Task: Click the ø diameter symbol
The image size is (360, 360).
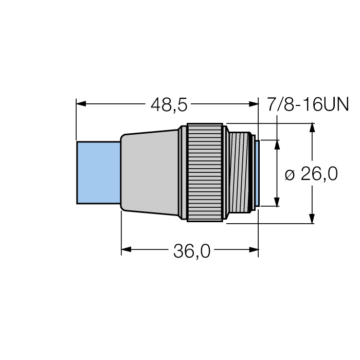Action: [290, 175]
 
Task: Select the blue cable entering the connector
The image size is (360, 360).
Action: [98, 172]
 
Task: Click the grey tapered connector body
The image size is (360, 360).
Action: [152, 172]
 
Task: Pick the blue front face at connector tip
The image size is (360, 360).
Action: [256, 172]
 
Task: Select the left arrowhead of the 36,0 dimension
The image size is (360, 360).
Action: [127, 250]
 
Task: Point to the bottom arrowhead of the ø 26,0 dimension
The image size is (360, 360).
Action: [311, 219]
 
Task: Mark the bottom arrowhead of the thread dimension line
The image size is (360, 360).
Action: [277, 201]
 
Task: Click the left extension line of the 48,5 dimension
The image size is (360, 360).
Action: [76, 121]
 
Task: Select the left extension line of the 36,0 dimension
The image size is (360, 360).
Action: [121, 231]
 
